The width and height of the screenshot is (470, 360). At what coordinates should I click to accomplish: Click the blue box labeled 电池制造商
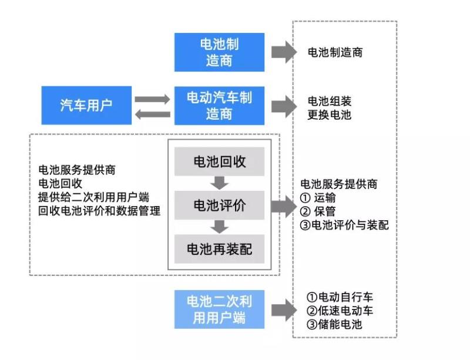(219, 52)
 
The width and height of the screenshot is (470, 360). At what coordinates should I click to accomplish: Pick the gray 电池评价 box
(220, 206)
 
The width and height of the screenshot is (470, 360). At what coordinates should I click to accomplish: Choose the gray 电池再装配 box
(220, 249)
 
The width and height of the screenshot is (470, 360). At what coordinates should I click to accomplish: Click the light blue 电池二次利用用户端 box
(219, 309)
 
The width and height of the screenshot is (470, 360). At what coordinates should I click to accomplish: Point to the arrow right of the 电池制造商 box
(284, 52)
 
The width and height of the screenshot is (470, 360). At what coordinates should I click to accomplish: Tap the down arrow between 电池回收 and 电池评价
(220, 183)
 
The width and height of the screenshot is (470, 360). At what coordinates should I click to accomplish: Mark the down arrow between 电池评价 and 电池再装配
(220, 227)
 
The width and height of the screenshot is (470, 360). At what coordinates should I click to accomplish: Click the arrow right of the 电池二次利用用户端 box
(284, 309)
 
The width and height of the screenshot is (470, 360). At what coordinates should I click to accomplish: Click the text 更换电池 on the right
(329, 115)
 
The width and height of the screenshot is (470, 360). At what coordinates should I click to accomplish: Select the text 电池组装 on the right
(329, 102)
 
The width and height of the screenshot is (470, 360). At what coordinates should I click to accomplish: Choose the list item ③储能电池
(334, 324)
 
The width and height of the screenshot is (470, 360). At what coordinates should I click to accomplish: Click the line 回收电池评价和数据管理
(99, 211)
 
